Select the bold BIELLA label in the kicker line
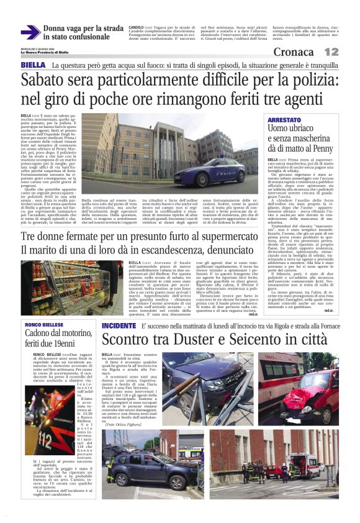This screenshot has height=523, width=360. coord(32,65)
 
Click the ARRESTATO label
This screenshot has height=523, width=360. coord(284,120)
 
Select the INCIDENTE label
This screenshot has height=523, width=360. coord(119,325)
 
